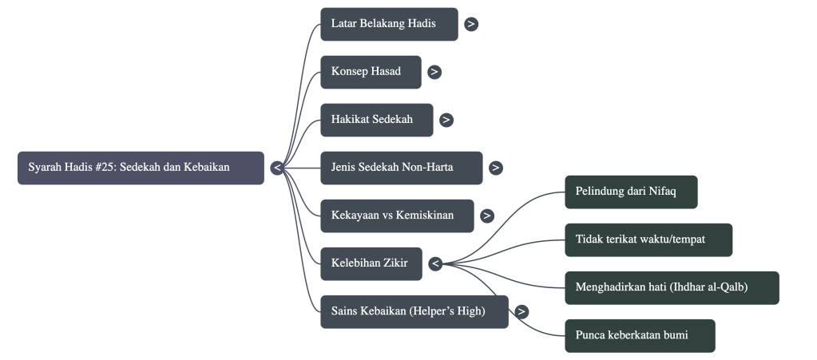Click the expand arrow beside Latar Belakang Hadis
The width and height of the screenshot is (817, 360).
coord(472,24)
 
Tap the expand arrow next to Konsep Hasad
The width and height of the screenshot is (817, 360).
coord(434,72)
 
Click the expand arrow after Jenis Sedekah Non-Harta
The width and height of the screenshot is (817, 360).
coord(496,168)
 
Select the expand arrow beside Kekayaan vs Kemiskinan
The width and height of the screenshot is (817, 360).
coord(487,216)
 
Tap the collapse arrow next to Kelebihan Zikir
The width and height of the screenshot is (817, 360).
coord(435,263)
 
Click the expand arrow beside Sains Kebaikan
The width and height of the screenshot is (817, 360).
coord(522,311)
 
